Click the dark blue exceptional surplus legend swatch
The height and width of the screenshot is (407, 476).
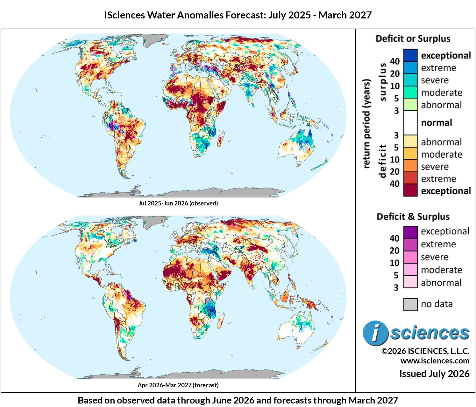410,55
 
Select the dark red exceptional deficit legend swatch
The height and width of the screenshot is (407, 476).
410,190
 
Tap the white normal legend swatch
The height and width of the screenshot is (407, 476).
410,122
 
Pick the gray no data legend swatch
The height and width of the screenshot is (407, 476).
410,304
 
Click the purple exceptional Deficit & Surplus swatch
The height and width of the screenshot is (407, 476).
410,232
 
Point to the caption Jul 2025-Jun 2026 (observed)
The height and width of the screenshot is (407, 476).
178,203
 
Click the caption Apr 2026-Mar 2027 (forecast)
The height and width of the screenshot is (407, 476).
178,385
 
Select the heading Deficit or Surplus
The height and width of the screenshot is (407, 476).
413,38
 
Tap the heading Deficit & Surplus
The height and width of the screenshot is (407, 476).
413,217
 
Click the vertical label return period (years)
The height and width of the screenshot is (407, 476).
366,123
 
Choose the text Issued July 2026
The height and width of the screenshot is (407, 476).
434,374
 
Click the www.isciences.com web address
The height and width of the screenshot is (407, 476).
435,361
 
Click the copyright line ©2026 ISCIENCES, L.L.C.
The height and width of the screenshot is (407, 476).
425,351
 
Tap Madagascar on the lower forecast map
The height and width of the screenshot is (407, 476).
221,320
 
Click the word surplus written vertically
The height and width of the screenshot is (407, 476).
383,82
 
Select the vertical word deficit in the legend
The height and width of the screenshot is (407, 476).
382,161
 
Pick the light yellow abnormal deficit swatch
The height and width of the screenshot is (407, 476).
410,141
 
